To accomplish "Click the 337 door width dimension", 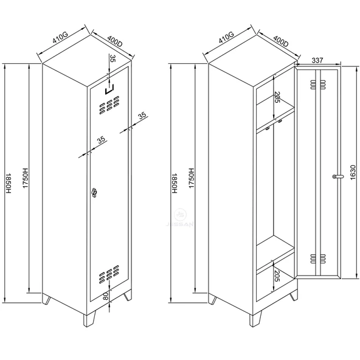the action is click(317, 60).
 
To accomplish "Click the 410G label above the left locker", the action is click(60, 38).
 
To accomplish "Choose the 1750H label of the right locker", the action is click(191, 178).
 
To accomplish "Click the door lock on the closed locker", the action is click(94, 192).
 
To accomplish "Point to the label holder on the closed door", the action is click(109, 89).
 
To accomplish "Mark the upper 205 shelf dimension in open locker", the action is click(277, 97).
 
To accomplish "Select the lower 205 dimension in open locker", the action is click(277, 275).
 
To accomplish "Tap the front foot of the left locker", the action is click(89, 318).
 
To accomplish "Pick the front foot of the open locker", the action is click(255, 318).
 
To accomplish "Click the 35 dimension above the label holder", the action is click(112, 58).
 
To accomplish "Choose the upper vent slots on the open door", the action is click(318, 85).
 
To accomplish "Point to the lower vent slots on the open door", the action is click(318, 258).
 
